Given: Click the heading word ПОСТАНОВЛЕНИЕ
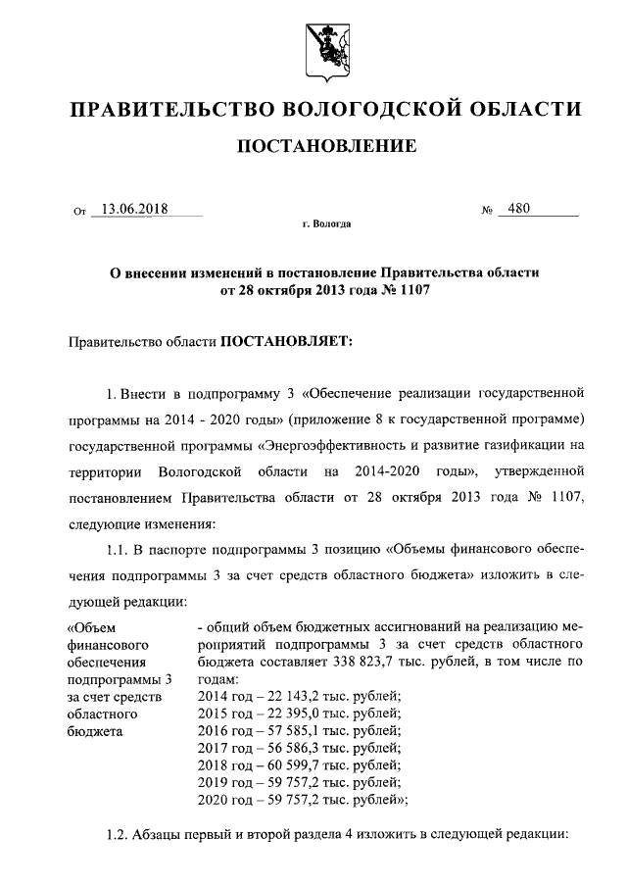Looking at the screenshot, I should [x=322, y=147].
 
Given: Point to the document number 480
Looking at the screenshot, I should [x=512, y=209].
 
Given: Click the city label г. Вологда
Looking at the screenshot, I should [x=326, y=224].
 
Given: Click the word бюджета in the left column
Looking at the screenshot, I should [x=95, y=731].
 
